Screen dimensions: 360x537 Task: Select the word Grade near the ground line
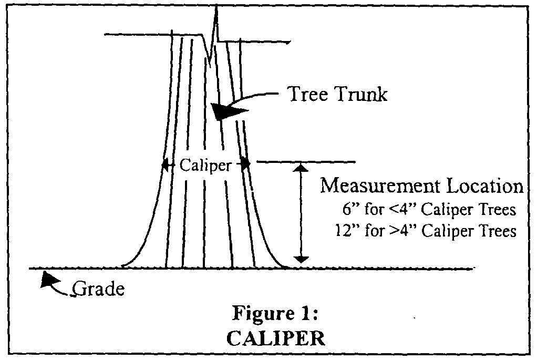coord(99,289)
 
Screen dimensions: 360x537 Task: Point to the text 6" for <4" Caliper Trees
coord(428,209)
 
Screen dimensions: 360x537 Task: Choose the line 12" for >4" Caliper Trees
coord(426,231)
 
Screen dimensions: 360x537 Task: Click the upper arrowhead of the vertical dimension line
coord(301,168)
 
